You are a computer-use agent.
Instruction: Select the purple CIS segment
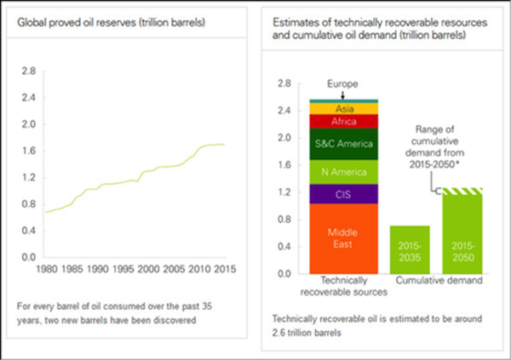click(x=343, y=195)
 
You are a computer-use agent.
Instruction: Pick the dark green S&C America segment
click(x=343, y=143)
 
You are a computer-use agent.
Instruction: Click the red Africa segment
click(x=343, y=122)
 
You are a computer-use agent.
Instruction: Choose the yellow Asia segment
click(x=343, y=109)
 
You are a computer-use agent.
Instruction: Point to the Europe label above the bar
click(x=343, y=84)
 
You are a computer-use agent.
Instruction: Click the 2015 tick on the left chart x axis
click(x=225, y=270)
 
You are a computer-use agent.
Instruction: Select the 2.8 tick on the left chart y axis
click(x=27, y=71)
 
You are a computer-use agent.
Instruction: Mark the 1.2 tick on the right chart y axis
click(x=284, y=191)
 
